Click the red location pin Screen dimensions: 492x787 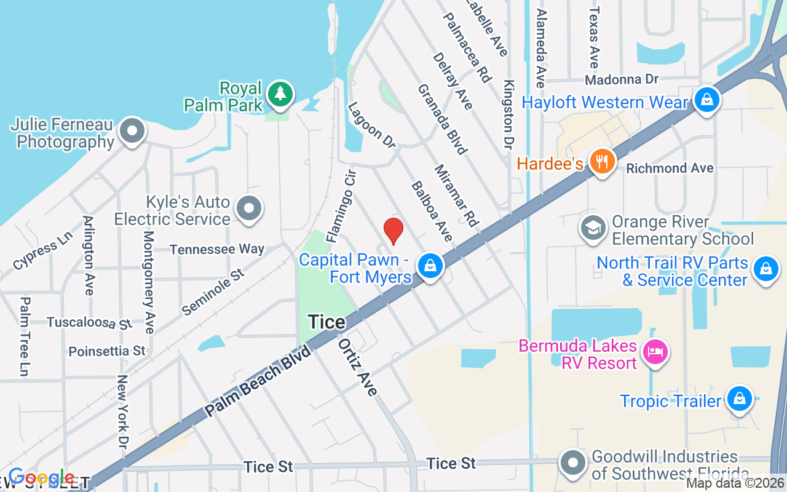[393, 231]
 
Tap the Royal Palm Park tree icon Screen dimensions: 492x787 [280, 93]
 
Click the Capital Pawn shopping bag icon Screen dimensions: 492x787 [430, 266]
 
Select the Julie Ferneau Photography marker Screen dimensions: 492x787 [132, 131]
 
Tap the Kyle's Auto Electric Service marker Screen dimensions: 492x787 [249, 208]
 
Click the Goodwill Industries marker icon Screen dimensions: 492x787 [573, 463]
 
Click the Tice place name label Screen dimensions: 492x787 [326, 321]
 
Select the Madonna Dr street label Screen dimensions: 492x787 [622, 79]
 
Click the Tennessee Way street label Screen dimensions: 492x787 [216, 249]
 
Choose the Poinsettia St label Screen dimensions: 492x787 [107, 351]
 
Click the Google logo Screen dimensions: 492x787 [41, 477]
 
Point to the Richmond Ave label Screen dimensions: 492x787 [670, 168]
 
